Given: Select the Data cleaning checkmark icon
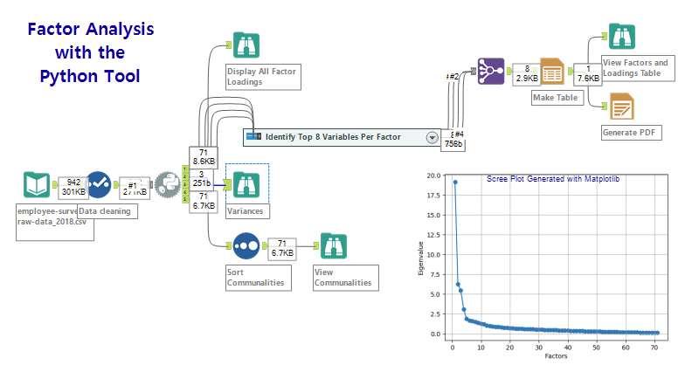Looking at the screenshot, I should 97,186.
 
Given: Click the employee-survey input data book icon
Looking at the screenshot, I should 37,186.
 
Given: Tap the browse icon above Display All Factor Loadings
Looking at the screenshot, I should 244,45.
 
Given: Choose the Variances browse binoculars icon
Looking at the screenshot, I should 244,185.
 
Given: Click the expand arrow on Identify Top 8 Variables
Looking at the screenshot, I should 432,137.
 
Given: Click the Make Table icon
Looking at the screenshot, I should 553,72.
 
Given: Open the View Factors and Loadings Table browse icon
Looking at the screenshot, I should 621,37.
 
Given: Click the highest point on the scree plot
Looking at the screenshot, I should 455,182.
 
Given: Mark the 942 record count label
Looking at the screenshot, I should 73,182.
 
